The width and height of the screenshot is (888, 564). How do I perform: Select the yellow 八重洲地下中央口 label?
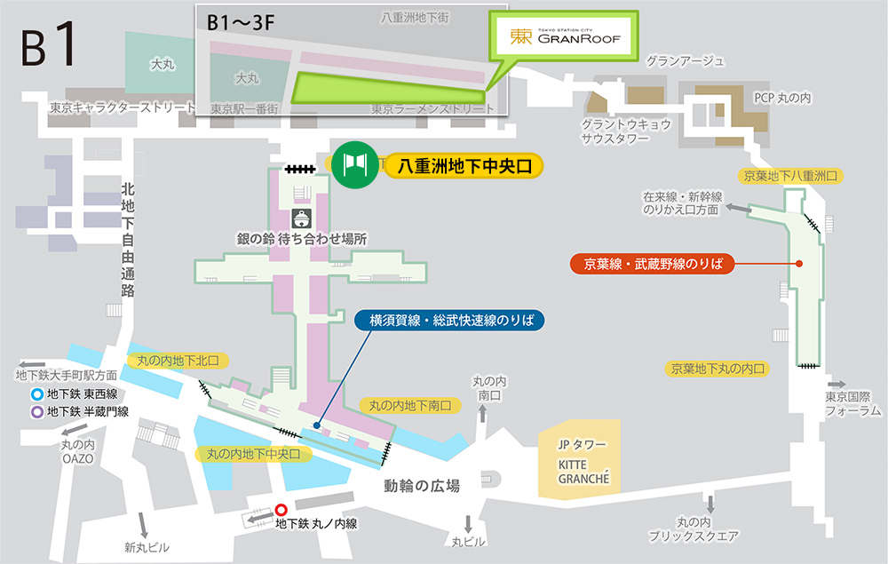tap(463, 165)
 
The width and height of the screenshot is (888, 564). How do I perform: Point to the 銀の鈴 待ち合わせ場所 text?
tap(302, 239)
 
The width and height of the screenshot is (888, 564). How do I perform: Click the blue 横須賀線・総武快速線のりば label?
tap(450, 320)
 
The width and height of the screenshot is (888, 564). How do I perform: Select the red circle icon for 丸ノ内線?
tap(281, 510)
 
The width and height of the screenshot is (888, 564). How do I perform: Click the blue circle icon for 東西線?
tap(37, 396)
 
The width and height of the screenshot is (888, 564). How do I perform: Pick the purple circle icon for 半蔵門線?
tap(37, 411)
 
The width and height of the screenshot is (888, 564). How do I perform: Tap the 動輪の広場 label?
tap(422, 486)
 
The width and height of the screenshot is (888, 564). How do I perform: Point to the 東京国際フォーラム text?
tap(853, 403)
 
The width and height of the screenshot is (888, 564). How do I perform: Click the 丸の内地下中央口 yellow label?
tap(254, 454)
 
